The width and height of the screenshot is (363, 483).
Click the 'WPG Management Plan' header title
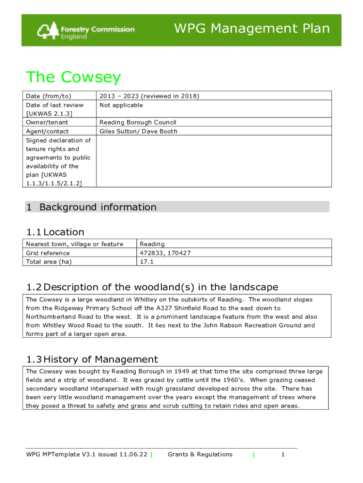252,29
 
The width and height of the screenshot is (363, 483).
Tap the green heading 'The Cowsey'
74,77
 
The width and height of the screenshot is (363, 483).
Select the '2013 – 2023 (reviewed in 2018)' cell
149,96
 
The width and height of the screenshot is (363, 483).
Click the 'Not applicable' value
121,105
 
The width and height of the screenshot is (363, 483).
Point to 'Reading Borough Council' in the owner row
138,123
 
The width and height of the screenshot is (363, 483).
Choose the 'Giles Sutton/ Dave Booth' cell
138,132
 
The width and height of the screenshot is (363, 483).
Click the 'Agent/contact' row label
47,132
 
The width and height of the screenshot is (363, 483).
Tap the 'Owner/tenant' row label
47,123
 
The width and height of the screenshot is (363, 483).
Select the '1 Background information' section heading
91,207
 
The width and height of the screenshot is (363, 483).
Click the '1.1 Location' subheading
55,232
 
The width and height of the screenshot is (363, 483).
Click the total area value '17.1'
147,262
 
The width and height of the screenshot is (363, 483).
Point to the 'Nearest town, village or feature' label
74,244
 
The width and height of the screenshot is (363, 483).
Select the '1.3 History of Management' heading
92,359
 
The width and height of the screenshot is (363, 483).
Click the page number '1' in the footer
283,455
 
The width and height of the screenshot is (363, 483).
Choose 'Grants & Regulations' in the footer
200,455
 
